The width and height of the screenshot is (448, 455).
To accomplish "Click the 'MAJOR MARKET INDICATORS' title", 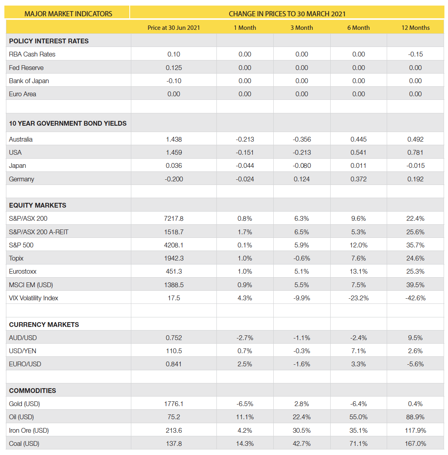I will [68, 14].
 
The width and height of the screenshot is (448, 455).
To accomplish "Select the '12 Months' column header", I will [415, 27].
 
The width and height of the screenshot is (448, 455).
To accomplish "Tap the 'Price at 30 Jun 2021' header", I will [173, 27].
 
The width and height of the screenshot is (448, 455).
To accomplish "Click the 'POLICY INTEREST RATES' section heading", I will [49, 41].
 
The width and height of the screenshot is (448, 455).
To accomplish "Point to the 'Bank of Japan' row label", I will [29, 81].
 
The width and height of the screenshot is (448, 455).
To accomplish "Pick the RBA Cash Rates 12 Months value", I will [415, 54].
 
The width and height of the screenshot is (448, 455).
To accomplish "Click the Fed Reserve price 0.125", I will [173, 68].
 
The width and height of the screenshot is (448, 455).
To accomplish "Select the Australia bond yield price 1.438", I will [173, 139].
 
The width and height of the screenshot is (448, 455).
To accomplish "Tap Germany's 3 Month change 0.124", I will [302, 179].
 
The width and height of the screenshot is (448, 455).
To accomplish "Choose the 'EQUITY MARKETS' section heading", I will [37, 205].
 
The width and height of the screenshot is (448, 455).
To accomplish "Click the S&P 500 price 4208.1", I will [173, 245].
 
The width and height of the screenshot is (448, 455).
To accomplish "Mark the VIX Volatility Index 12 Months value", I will [415, 298].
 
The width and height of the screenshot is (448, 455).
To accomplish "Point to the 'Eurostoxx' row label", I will [23, 271].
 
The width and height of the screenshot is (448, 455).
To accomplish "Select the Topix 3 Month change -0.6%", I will [302, 258].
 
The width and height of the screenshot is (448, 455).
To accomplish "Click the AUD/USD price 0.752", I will [173, 338].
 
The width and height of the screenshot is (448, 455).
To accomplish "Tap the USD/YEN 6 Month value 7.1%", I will [358, 351].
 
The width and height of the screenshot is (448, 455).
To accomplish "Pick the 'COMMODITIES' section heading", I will [32, 391].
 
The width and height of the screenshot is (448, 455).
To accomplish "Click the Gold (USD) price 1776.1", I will [173, 404].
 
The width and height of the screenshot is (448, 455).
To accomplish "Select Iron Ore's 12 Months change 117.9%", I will [415, 430].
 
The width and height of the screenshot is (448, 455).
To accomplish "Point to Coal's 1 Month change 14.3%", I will [245, 443].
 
